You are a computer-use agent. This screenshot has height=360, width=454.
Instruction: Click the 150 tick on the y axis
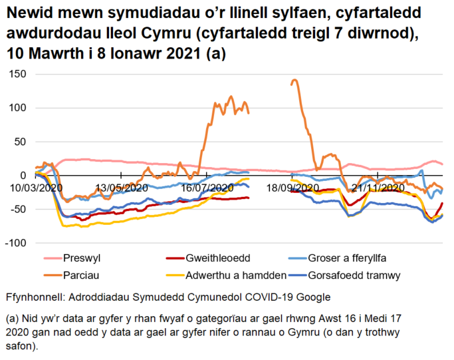(17, 75)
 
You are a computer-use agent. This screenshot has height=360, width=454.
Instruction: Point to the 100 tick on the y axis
(17, 108)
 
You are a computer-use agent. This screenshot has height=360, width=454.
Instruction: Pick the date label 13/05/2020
(121, 188)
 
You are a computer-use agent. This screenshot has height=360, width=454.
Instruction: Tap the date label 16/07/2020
(207, 188)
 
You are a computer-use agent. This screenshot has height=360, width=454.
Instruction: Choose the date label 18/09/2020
(292, 188)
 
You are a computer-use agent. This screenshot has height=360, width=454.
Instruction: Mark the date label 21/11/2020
(378, 188)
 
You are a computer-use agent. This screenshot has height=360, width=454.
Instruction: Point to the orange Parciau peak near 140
(294, 81)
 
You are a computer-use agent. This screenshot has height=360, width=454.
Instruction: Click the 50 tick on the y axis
(19, 142)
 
